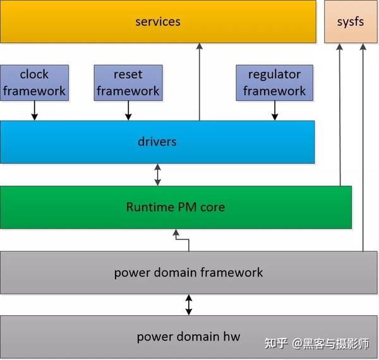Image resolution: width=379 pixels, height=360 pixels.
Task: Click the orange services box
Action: (x=157, y=21)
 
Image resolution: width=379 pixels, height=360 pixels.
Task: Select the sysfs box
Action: (x=351, y=21)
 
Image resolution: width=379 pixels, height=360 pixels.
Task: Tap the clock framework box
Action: (x=34, y=82)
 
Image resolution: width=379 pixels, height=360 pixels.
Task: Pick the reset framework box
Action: (x=128, y=82)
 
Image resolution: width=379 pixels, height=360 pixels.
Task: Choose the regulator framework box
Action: (x=274, y=82)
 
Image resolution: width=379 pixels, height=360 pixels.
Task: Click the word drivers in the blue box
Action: (x=157, y=141)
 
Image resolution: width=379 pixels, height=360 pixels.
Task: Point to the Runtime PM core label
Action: (x=175, y=207)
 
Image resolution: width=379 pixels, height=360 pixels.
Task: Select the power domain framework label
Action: (x=188, y=273)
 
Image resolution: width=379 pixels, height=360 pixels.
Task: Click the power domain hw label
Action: (x=188, y=337)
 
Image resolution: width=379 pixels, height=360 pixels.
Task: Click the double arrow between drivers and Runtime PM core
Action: (x=157, y=174)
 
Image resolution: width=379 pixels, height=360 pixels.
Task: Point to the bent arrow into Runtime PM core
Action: (x=182, y=240)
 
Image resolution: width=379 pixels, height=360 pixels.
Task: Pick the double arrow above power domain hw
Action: (x=188, y=304)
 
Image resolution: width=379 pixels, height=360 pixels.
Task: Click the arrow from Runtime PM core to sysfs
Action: (x=340, y=114)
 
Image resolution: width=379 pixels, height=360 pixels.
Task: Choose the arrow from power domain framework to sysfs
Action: (x=363, y=145)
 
